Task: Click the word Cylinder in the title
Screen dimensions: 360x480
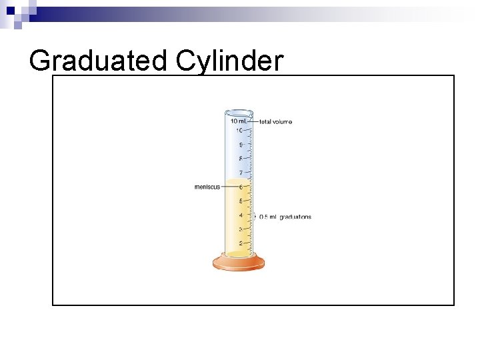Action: click(230, 61)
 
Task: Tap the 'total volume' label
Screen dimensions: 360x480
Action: click(275, 122)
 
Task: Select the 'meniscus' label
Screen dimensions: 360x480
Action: click(207, 187)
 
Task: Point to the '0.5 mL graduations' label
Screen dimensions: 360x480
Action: click(285, 217)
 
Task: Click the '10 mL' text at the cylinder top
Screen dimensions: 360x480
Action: click(237, 121)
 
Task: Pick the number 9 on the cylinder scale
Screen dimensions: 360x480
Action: click(240, 144)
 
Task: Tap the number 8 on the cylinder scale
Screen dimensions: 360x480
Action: click(240, 159)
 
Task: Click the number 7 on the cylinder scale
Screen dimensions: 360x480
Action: click(240, 173)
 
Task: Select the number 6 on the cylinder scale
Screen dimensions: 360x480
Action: click(240, 187)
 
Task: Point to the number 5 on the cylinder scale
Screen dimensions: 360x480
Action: click(240, 201)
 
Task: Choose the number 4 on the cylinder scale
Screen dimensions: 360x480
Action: click(240, 215)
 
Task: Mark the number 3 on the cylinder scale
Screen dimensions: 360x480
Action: click(240, 229)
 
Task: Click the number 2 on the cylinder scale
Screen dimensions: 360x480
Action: click(240, 243)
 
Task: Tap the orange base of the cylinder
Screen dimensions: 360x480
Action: click(239, 263)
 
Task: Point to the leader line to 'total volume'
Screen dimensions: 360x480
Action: click(253, 122)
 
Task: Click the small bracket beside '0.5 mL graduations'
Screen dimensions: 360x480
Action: click(255, 216)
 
